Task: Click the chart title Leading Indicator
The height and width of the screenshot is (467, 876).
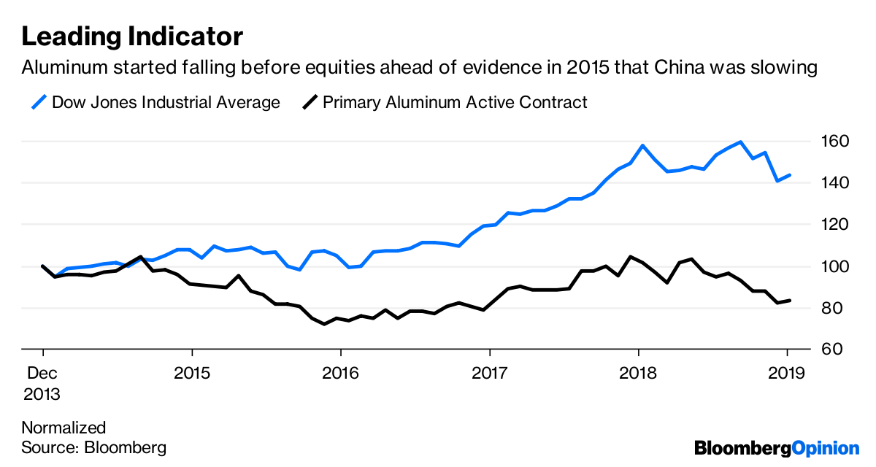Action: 132,36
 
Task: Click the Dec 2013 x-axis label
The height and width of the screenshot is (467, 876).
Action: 42,384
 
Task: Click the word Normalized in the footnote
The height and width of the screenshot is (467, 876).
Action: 64,428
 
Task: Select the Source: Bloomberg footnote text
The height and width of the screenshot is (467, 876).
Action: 93,447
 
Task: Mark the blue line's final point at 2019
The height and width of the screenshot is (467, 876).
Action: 791,175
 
